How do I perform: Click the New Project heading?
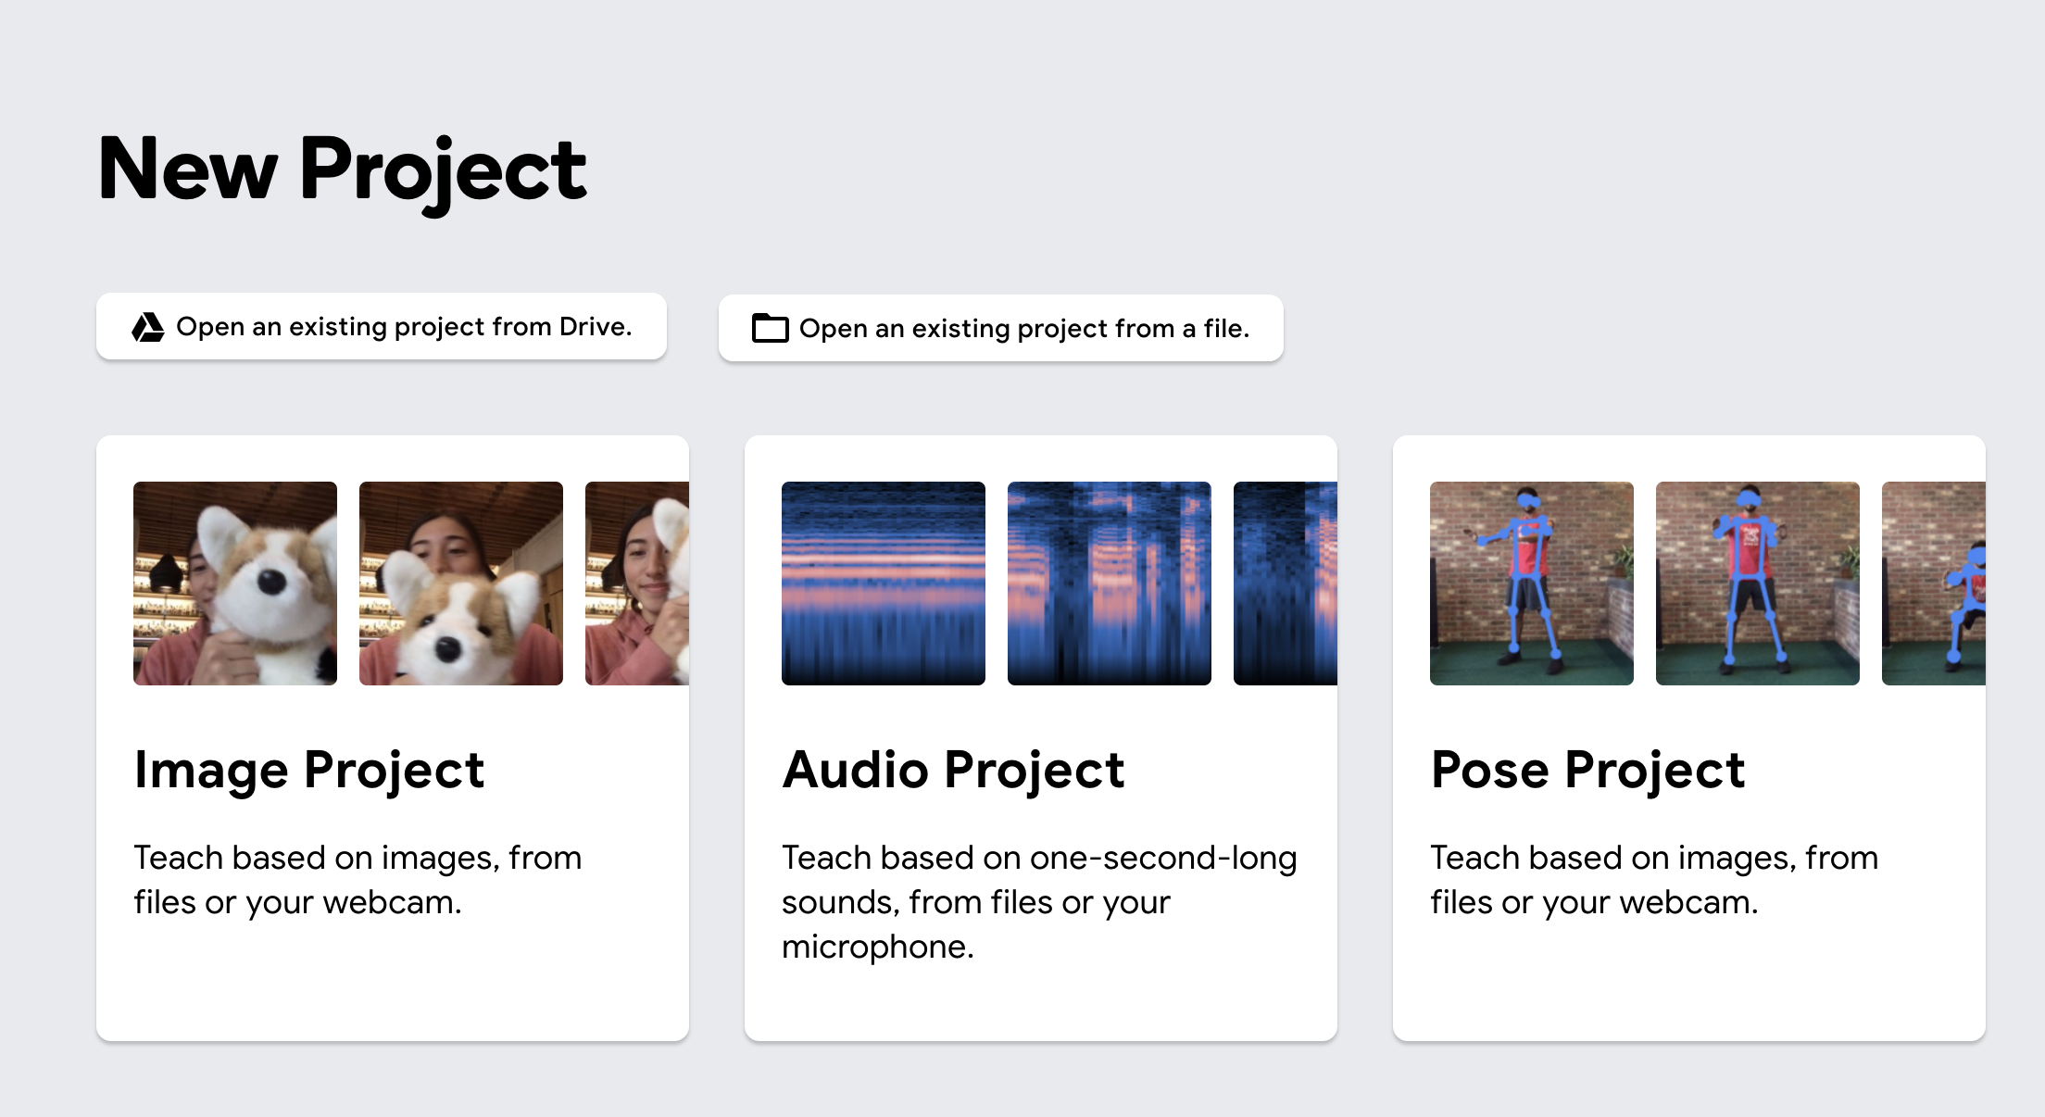point(342,169)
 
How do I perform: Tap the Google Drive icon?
point(148,327)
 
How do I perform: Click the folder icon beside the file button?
point(770,329)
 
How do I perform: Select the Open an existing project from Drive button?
point(382,327)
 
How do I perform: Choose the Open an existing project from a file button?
point(1000,329)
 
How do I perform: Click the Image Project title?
point(309,770)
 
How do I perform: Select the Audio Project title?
point(953,770)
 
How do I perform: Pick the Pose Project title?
point(1587,770)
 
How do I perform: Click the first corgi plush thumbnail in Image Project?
point(235,584)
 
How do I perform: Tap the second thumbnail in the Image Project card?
point(461,584)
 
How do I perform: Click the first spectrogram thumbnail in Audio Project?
point(884,584)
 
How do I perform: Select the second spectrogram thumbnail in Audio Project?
point(1110,584)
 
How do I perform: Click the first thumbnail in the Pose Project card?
point(1532,584)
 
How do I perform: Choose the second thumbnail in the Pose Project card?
point(1758,584)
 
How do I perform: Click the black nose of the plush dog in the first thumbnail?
point(270,582)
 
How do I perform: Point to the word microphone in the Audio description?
point(876,947)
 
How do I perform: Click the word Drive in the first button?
point(595,327)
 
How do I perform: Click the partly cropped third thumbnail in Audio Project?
point(1286,584)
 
